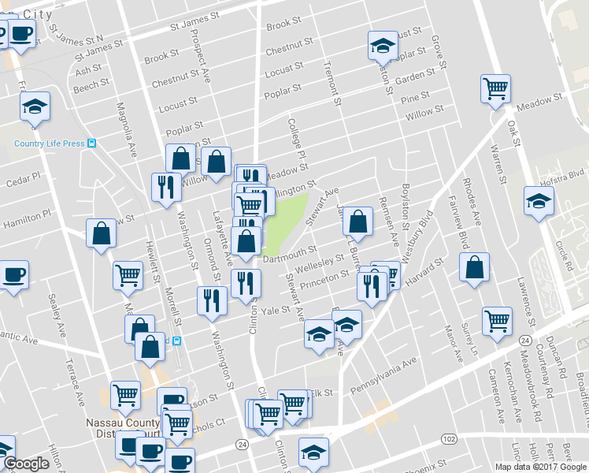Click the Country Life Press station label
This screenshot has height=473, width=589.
[50, 143]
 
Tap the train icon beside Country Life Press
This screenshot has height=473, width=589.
[92, 143]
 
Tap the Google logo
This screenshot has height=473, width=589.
[26, 464]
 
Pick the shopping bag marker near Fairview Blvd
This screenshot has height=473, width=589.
[475, 268]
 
